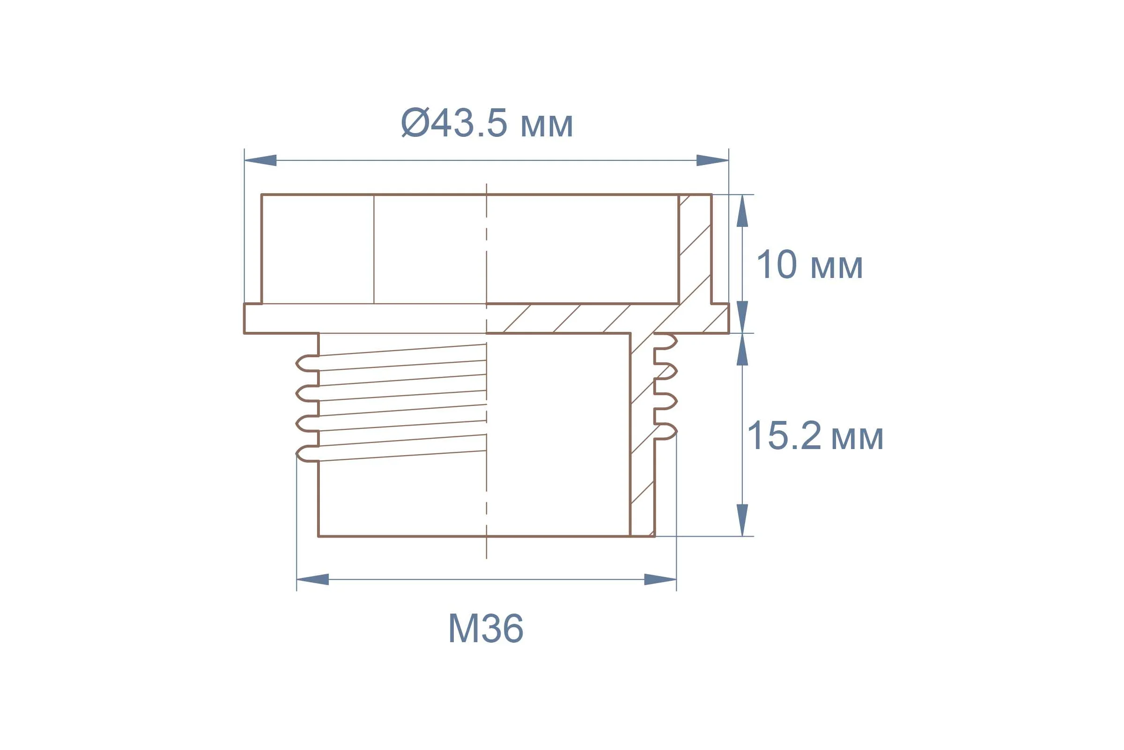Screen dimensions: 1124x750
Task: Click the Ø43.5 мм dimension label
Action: [x=487, y=123]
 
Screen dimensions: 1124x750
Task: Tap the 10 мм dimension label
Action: [x=810, y=264]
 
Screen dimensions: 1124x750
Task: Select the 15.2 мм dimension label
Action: [x=815, y=436]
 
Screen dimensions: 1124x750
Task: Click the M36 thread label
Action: [x=486, y=628]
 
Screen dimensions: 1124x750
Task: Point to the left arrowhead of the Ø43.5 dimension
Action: [x=260, y=160]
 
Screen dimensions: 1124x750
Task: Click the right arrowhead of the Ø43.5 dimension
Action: [x=712, y=160]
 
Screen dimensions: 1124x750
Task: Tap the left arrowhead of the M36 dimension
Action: [x=312, y=579]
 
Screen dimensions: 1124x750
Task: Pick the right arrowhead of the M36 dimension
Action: [x=660, y=579]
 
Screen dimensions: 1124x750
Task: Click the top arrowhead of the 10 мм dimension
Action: [x=742, y=211]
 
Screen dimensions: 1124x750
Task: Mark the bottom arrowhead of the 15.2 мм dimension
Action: [x=742, y=520]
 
